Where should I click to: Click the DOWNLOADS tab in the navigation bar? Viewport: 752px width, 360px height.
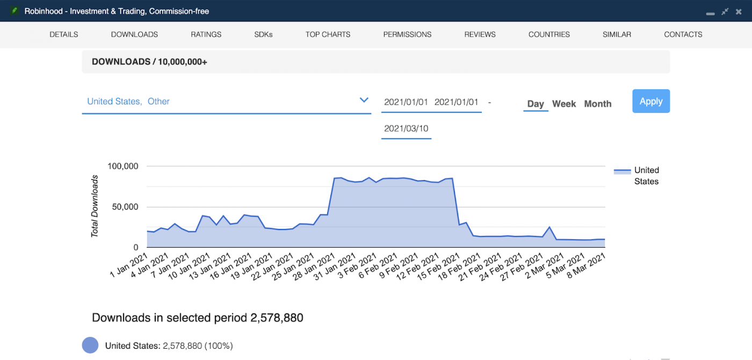point(134,34)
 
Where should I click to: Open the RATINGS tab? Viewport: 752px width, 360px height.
point(206,34)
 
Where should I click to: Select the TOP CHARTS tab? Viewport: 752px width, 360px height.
point(328,34)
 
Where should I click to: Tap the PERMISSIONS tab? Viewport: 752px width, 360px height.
point(407,34)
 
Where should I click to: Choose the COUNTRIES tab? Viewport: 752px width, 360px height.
point(549,34)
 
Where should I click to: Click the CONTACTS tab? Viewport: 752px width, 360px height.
point(683,34)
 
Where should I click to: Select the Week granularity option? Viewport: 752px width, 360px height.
point(564,104)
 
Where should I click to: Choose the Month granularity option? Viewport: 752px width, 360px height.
point(597,104)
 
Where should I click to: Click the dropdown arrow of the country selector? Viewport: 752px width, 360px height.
point(364,100)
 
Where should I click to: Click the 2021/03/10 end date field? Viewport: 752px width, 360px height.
point(406,128)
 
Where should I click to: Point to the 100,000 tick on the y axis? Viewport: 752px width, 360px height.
point(123,166)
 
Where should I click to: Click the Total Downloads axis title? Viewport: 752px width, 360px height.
point(95,206)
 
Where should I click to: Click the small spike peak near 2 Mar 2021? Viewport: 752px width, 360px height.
point(549,227)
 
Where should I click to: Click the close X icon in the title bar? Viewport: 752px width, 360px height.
point(739,11)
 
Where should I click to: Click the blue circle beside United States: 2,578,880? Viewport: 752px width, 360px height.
point(90,345)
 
